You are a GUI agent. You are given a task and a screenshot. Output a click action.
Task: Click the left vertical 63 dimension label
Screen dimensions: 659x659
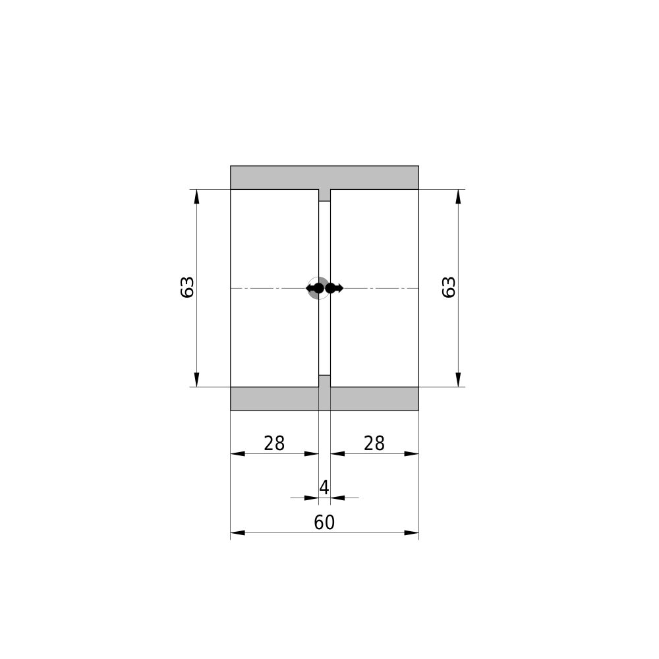tap(187, 287)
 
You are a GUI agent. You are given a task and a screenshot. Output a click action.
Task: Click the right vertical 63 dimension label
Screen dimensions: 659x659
tap(449, 287)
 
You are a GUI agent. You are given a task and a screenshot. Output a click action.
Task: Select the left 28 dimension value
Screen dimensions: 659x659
tap(274, 444)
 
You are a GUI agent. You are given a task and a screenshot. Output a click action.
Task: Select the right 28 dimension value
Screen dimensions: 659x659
tap(374, 444)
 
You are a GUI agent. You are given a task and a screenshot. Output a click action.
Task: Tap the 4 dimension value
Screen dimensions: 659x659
tap(324, 488)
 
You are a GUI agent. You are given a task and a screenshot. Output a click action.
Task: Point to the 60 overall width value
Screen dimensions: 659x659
tap(324, 523)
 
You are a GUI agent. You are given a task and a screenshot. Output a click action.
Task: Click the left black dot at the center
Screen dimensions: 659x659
tap(319, 289)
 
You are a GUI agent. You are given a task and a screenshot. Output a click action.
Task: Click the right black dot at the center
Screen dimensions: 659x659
tap(330, 289)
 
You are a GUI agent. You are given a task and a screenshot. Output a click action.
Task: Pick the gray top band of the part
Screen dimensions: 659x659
tap(324, 177)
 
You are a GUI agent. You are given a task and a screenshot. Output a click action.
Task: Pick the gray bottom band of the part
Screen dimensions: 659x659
tap(324, 399)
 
